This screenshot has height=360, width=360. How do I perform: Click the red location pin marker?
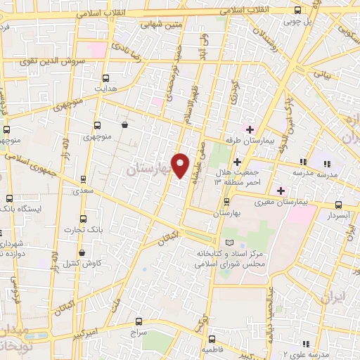point(181,165)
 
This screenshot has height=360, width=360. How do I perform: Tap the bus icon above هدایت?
point(106,78)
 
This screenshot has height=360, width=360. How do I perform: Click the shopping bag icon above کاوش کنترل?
point(82,252)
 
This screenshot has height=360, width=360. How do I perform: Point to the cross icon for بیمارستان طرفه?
point(249,129)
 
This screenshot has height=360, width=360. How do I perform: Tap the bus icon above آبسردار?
point(339,205)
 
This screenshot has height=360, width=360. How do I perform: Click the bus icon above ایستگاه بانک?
point(9,198)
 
